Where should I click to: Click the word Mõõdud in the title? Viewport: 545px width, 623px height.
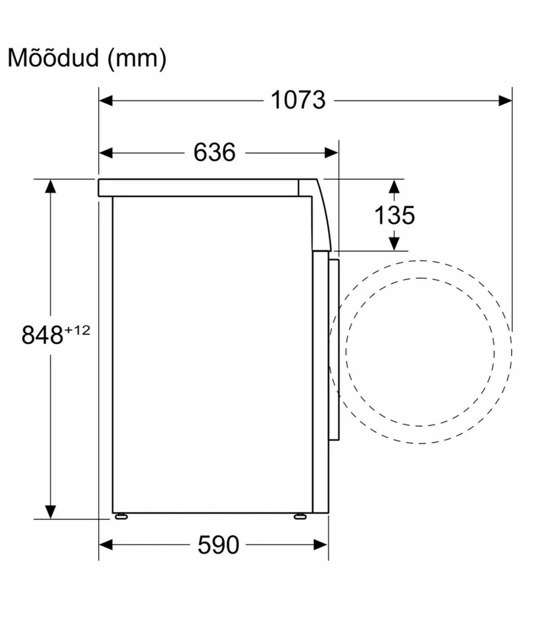click(53, 58)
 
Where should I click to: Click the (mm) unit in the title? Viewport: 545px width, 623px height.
click(137, 59)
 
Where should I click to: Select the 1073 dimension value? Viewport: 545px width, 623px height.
click(298, 100)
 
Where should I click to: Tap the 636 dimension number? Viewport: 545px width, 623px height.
click(215, 152)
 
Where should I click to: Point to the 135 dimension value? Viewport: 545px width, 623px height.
click(394, 215)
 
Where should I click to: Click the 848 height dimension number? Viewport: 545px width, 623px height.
click(42, 335)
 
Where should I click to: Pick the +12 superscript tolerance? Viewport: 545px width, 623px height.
click(77, 330)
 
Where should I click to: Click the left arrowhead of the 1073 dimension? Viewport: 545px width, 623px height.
click(106, 100)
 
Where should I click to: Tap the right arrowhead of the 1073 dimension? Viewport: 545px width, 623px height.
click(505, 100)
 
